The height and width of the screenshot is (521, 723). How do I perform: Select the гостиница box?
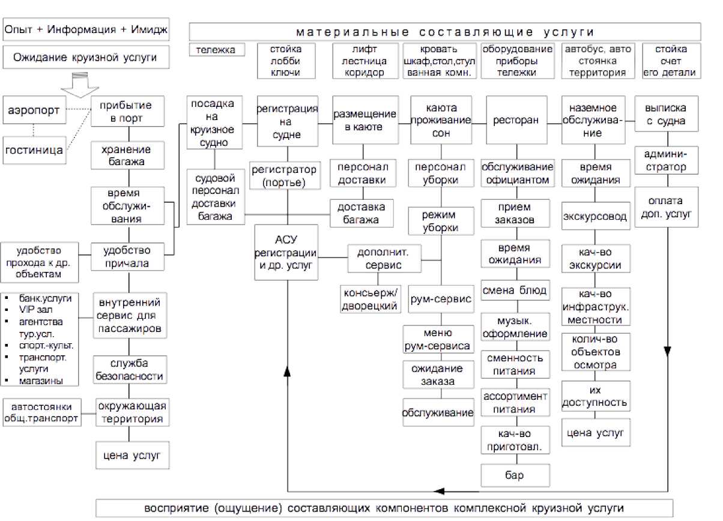point(34,150)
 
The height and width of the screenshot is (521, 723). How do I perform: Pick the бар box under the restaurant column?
point(515,475)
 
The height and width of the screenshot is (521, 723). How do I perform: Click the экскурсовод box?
point(596,216)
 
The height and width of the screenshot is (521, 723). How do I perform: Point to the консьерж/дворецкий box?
point(370,298)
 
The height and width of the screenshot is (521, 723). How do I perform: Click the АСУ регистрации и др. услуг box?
point(286,252)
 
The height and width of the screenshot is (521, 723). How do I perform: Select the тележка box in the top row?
point(217,50)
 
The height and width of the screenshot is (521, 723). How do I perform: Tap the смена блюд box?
point(515,291)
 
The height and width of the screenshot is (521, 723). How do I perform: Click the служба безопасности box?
point(129,370)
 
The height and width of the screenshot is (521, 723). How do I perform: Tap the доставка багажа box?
point(360,213)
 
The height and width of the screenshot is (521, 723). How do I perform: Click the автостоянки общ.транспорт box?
point(41,413)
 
